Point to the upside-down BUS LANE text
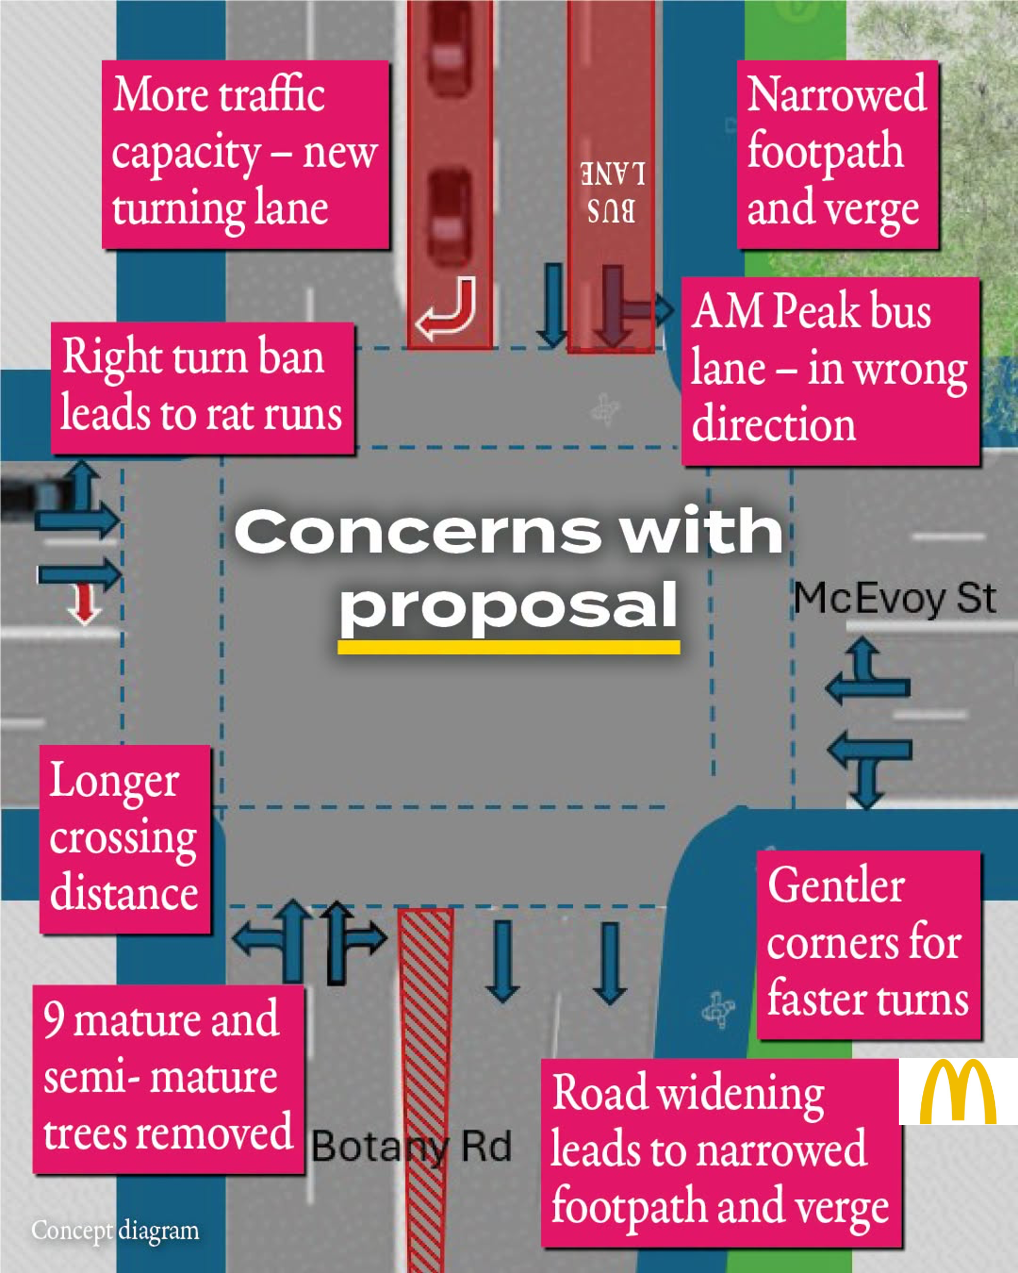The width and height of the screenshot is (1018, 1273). click(612, 192)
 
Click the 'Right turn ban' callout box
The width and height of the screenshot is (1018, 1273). click(203, 388)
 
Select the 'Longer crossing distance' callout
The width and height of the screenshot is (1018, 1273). click(125, 839)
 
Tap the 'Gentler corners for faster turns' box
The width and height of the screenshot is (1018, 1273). click(869, 945)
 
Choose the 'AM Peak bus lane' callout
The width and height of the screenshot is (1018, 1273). click(830, 371)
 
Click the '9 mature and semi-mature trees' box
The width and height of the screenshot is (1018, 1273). click(168, 1079)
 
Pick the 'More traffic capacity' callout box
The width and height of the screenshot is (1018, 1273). click(245, 154)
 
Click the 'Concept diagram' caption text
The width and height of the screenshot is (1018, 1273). click(116, 1230)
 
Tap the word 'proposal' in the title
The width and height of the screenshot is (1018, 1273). click(508, 606)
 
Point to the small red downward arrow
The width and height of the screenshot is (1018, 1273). click(84, 603)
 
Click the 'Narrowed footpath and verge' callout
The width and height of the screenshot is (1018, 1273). click(838, 154)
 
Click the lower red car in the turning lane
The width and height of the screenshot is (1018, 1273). click(450, 217)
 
